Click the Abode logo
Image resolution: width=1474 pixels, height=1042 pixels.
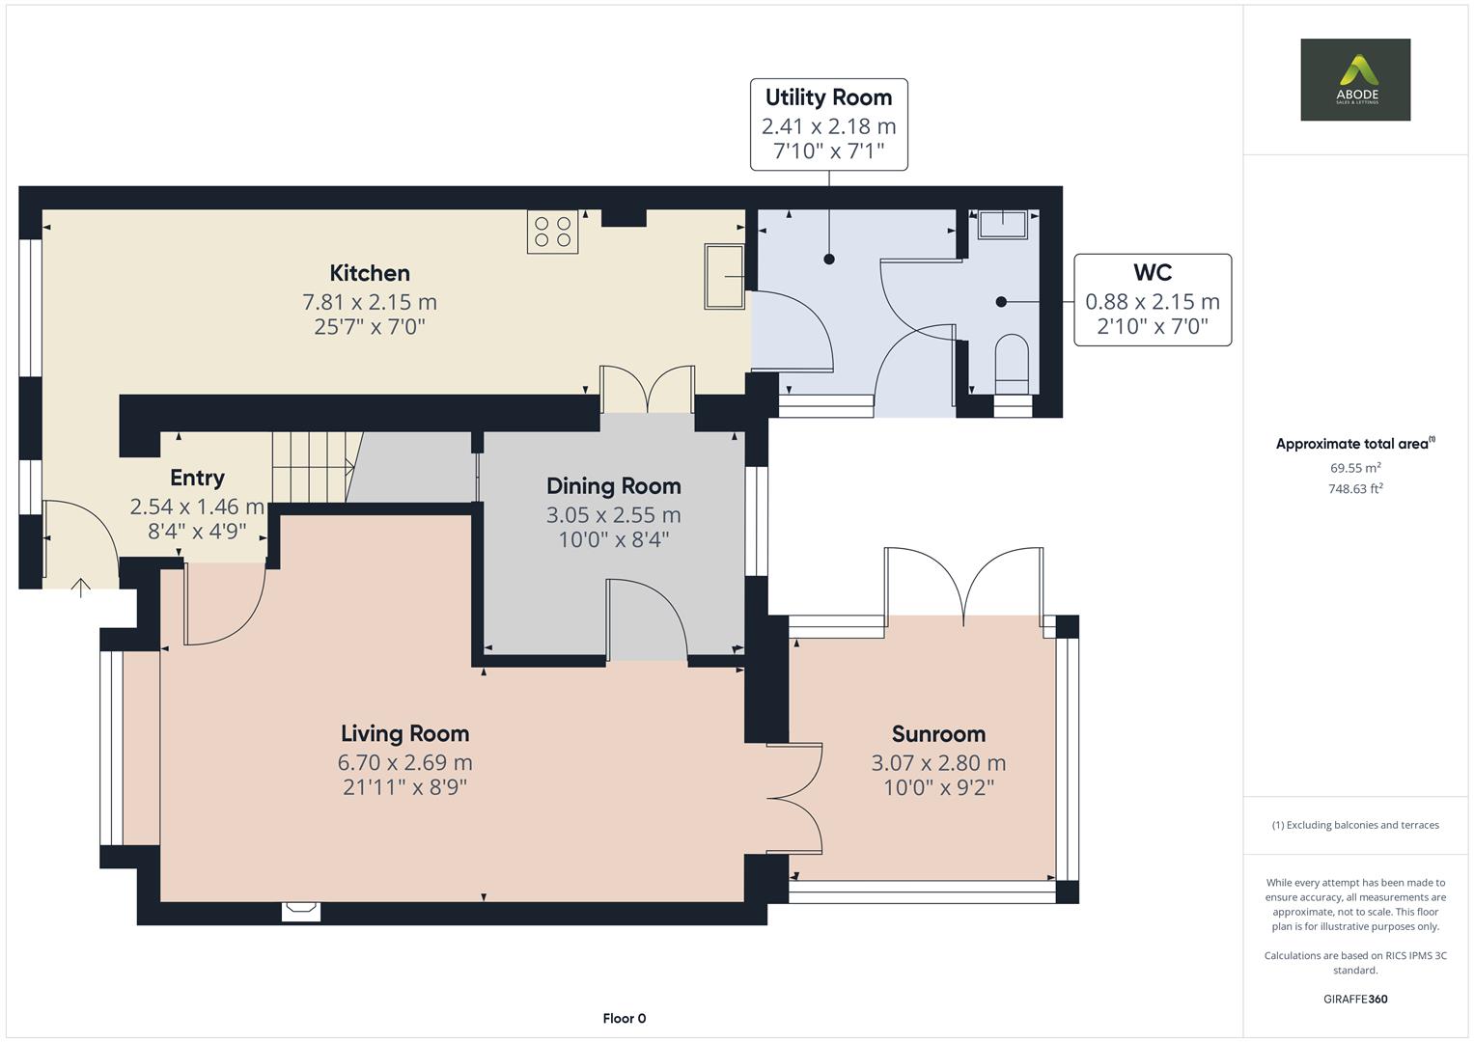1354,79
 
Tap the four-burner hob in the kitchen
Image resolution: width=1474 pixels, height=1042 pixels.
552,232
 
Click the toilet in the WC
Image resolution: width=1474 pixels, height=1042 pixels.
1012,359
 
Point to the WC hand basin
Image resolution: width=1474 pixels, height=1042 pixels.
1003,224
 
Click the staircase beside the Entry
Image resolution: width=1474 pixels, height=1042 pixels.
310,467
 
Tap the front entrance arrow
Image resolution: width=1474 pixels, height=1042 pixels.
81,587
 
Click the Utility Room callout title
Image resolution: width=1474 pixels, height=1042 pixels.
828,97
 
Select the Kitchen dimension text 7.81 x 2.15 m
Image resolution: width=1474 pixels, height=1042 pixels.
370,302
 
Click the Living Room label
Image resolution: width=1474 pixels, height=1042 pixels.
404,734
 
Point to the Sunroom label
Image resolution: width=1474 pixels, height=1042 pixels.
937,734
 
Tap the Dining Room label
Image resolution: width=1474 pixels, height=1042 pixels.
613,486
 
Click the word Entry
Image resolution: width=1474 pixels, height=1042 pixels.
197,478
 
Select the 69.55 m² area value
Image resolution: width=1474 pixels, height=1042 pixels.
1355,468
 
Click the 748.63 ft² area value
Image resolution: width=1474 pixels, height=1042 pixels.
1355,488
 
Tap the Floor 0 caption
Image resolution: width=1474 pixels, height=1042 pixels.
624,1018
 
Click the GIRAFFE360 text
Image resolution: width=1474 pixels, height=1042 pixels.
1355,999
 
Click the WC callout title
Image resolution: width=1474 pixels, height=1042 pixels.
1152,273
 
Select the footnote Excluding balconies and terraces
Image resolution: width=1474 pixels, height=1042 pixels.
1355,825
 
